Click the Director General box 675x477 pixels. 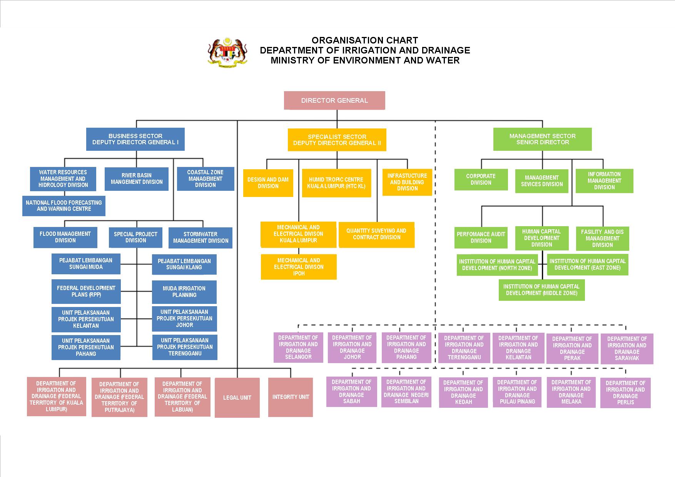[334, 100]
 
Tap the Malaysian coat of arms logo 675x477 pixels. [227, 53]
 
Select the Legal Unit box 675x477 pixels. [237, 397]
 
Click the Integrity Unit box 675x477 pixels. [291, 397]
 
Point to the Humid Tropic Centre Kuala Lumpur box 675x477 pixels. [336, 183]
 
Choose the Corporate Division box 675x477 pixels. [481, 179]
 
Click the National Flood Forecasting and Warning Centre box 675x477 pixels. [64, 206]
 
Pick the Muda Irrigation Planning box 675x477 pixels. [184, 292]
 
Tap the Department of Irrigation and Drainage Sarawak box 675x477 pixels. [627, 349]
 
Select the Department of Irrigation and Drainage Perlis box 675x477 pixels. [625, 393]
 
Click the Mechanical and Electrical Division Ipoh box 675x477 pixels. [299, 267]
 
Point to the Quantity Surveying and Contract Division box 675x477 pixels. [376, 234]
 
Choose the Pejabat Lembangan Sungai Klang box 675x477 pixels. [184, 264]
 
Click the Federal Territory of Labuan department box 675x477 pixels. [182, 397]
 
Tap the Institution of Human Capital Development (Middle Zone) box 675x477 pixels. [542, 290]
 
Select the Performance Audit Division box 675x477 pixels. [481, 237]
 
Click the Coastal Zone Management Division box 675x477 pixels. [206, 179]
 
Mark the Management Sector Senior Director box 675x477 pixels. [543, 139]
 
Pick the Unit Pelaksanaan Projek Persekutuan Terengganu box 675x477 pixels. [185, 347]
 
